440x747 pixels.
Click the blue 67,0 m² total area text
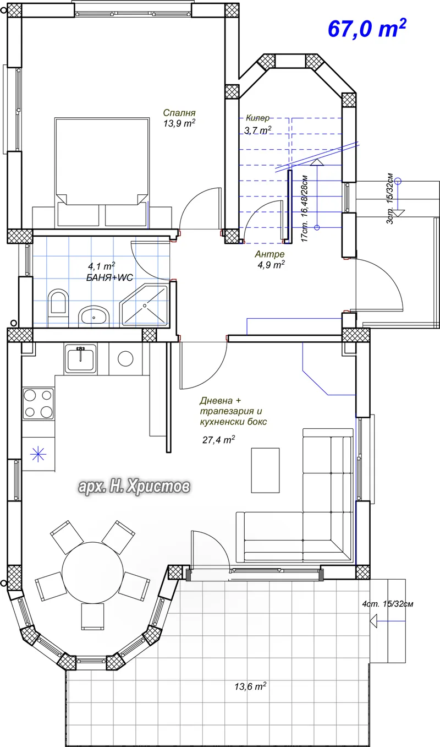tap(367, 28)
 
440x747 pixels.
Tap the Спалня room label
tap(179, 113)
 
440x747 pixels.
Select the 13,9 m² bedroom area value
tap(179, 123)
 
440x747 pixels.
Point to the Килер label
tap(257, 118)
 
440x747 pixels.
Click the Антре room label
tap(270, 254)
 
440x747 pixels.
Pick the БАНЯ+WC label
tap(109, 277)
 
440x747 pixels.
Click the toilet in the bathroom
tap(58, 307)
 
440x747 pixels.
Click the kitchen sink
tap(81, 359)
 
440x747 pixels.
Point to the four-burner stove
tap(38, 404)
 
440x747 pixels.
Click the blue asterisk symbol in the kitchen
tap(38, 454)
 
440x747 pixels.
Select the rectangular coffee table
tap(265, 470)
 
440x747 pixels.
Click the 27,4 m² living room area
tap(218, 440)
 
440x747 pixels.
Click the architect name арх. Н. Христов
tap(134, 487)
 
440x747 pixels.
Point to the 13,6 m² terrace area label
tap(250, 686)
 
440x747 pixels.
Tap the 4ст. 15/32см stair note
tap(388, 604)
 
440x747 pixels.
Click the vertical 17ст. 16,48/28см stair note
tap(304, 209)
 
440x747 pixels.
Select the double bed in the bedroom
tap(102, 172)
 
